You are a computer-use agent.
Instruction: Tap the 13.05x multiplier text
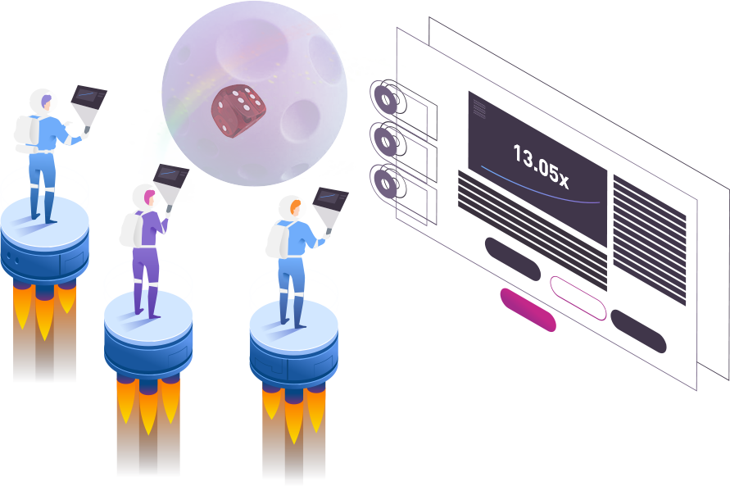540,165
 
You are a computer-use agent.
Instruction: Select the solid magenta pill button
528,310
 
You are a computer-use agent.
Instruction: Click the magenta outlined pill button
578,298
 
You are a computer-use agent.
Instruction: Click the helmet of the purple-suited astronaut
144,196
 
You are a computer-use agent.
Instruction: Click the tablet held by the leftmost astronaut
88,102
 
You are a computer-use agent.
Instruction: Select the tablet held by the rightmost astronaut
331,204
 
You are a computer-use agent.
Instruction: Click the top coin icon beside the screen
384,98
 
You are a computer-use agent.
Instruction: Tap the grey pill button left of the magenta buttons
512,258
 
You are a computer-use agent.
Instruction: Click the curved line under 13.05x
541,189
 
